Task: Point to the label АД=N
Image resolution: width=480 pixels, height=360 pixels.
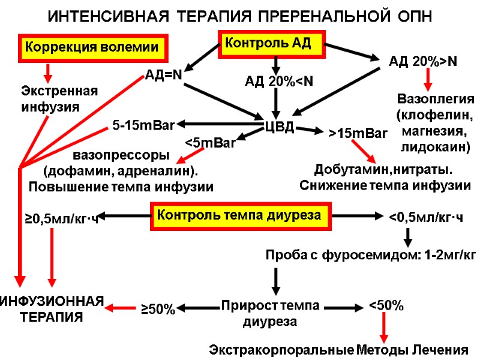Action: pyautogui.click(x=164, y=75)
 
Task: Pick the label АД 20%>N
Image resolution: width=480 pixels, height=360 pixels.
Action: pyautogui.click(x=424, y=61)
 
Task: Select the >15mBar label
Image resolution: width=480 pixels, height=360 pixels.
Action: pyautogui.click(x=358, y=133)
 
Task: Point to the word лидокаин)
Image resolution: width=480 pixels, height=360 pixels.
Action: pyautogui.click(x=436, y=146)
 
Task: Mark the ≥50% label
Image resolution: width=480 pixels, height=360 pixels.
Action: pyautogui.click(x=158, y=310)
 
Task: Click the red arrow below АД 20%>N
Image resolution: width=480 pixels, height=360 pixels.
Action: pyautogui.click(x=428, y=79)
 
